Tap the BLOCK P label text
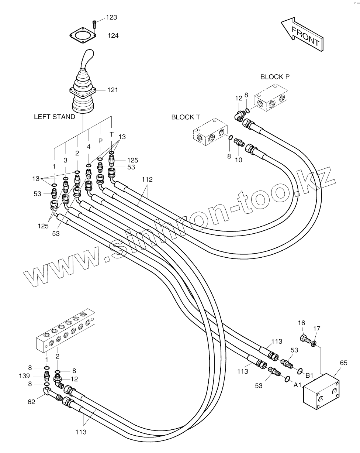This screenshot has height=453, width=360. point(275,77)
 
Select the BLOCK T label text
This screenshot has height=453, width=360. point(186,117)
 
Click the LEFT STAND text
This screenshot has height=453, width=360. point(54,117)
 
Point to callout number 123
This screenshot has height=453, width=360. point(111,17)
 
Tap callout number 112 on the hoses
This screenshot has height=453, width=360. point(147,179)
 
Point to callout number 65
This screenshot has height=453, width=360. point(343,363)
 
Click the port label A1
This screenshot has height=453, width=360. point(298,385)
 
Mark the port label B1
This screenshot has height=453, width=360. point(309,375)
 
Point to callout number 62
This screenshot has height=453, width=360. point(31,402)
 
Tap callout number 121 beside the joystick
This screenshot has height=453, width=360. point(112,90)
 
